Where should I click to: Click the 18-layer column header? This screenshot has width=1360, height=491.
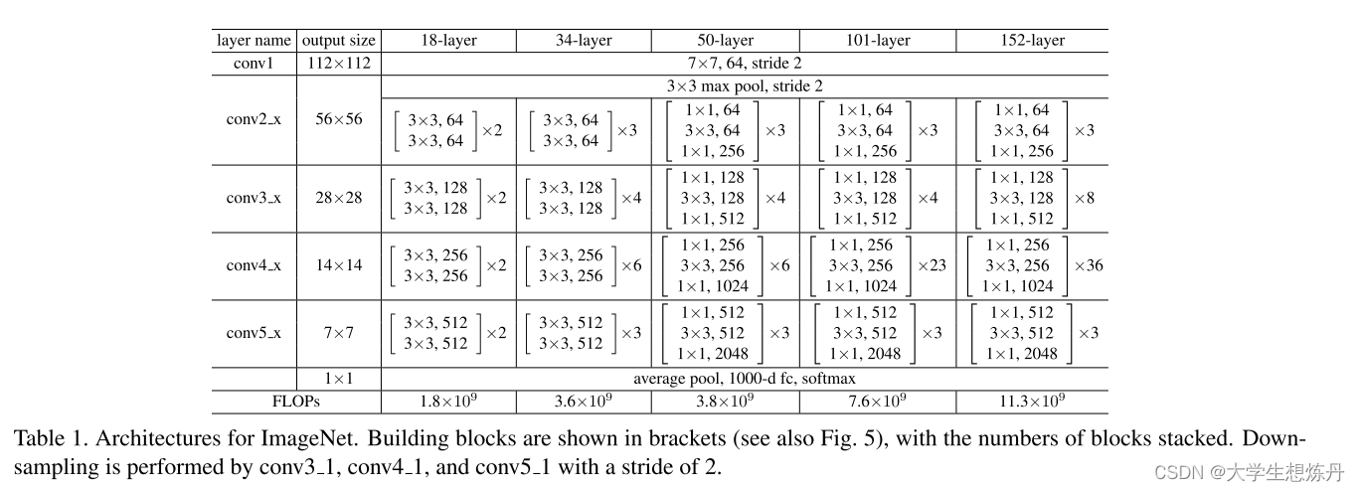[x=448, y=41]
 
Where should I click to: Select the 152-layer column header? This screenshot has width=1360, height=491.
[x=1032, y=41]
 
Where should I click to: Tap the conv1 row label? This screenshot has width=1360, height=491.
[x=254, y=64]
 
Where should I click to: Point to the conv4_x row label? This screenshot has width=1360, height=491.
[x=254, y=265]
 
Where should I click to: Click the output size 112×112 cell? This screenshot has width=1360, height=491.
[x=338, y=64]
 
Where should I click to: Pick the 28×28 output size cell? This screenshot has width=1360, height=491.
[x=338, y=198]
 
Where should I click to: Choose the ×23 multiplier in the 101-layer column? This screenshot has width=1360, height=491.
[x=932, y=265]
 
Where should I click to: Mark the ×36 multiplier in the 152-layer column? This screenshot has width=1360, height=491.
[x=1089, y=265]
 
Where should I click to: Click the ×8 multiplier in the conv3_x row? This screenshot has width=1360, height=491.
[x=1085, y=198]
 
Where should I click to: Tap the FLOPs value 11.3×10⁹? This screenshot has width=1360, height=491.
[x=1032, y=402]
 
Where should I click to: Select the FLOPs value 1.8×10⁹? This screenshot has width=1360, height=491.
[x=448, y=402]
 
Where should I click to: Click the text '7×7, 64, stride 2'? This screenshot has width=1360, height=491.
[x=745, y=64]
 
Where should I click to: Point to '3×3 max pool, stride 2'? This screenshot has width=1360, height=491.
[x=745, y=86]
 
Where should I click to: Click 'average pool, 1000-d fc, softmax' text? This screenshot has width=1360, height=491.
[x=745, y=379]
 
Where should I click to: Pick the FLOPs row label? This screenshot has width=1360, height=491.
[x=297, y=402]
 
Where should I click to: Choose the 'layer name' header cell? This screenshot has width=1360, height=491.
[x=254, y=41]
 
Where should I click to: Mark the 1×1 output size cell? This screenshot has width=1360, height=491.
[x=338, y=379]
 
